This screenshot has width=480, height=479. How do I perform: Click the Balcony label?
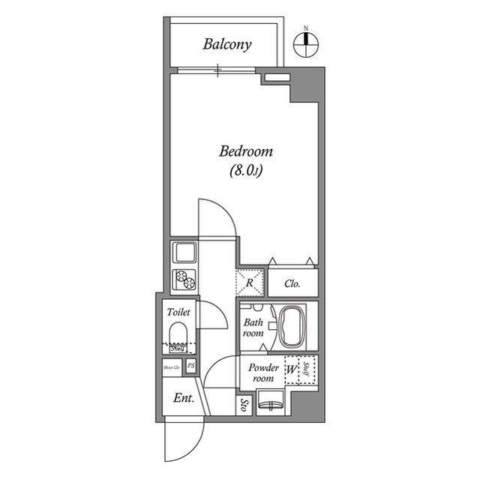click(x=227, y=44)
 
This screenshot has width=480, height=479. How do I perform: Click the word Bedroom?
click(x=245, y=151)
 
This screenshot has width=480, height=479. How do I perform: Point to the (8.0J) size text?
click(x=245, y=171)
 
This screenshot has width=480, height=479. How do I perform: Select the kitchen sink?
click(x=184, y=251)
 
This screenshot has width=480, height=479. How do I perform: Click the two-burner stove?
click(x=184, y=279)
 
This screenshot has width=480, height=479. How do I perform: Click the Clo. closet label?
click(x=293, y=284)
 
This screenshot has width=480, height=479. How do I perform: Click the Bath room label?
click(x=253, y=328)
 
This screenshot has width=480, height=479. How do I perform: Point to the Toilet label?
click(x=178, y=311)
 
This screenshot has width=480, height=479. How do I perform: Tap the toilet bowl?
click(x=178, y=334)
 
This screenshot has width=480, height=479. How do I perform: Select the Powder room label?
click(x=263, y=373)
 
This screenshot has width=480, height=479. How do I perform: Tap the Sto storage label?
click(x=244, y=406)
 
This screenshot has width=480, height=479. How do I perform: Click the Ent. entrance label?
click(x=184, y=398)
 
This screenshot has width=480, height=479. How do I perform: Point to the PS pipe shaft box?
click(x=191, y=367)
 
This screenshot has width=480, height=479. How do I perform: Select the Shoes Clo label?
click(x=172, y=367)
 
